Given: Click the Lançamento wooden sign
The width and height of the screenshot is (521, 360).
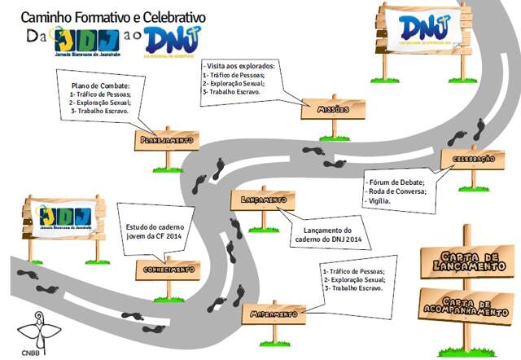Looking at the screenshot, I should tap(263, 200).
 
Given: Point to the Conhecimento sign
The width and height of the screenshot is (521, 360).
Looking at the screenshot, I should tap(167, 270).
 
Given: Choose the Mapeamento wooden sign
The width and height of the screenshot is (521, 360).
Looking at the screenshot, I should tap(274, 314).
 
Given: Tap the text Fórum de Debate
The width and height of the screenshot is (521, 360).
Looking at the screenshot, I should tap(399, 182).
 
